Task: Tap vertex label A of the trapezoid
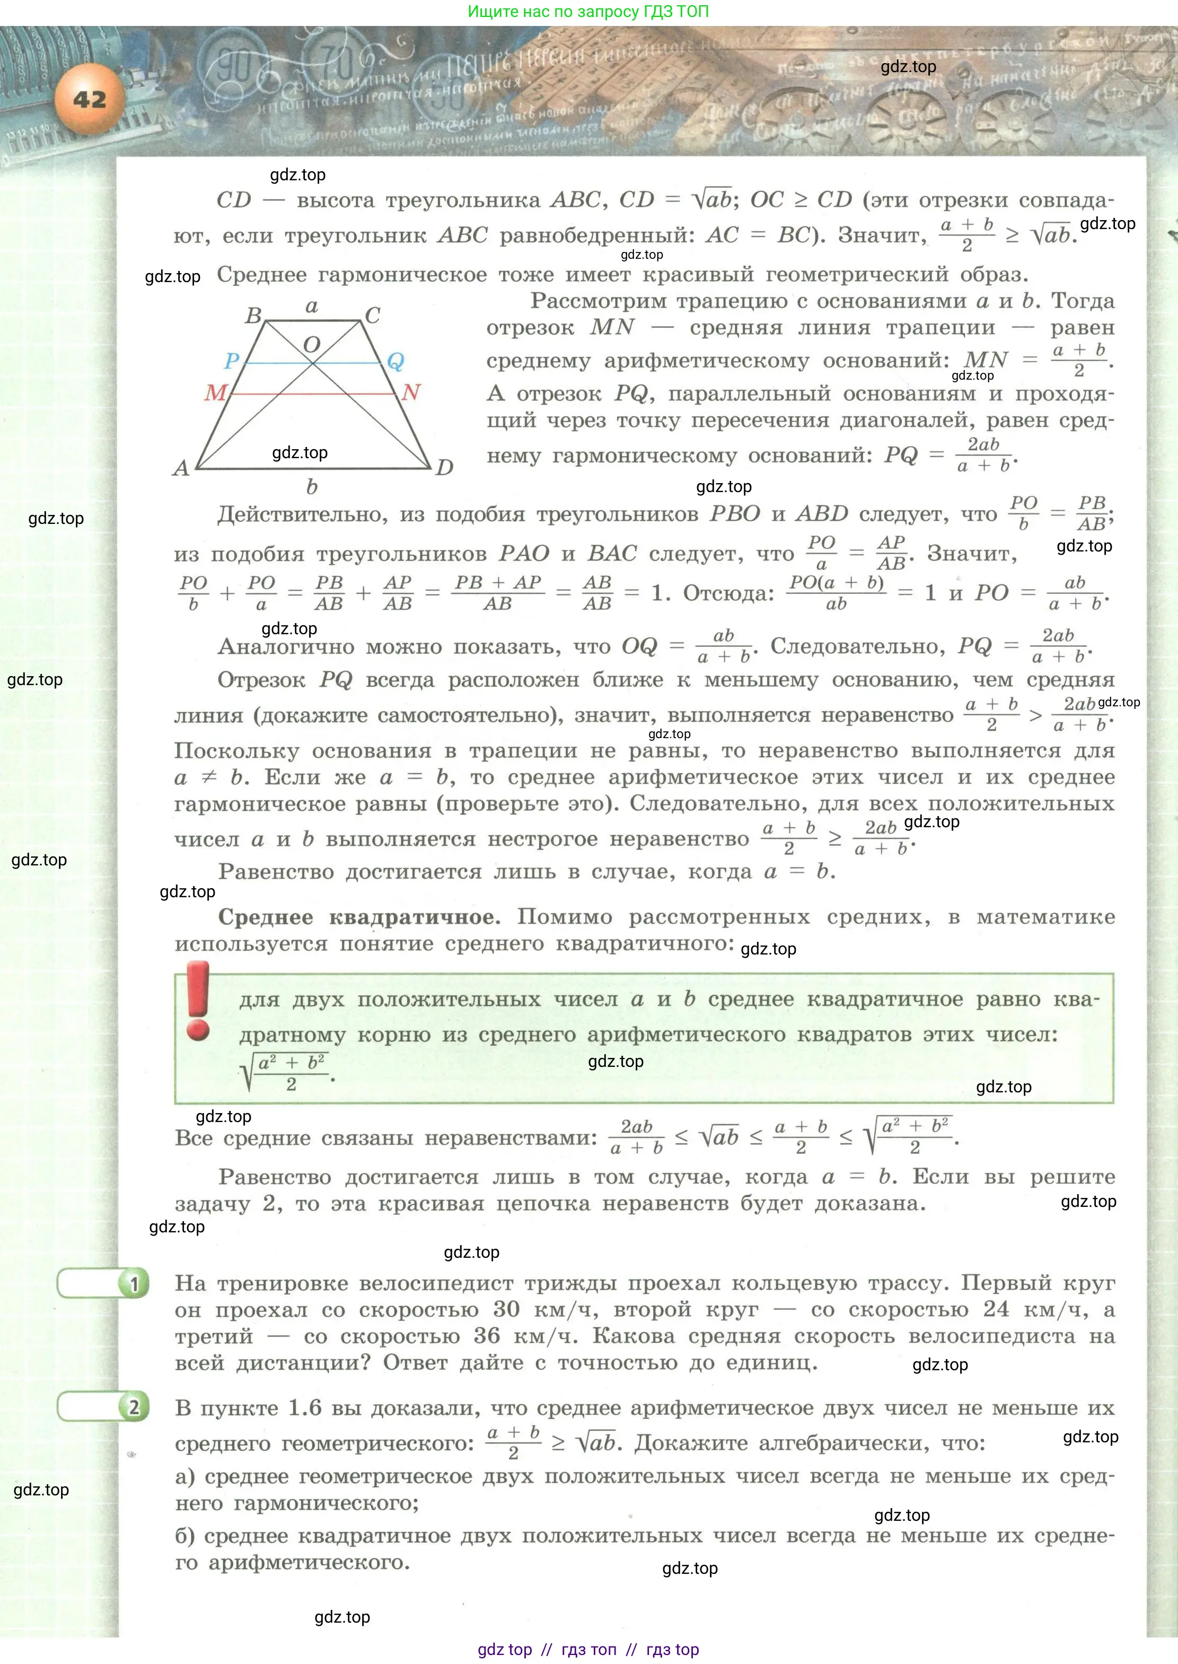point(181,468)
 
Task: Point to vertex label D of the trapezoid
point(445,468)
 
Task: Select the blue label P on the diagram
point(231,361)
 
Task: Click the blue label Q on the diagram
point(395,361)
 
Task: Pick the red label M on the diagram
point(215,392)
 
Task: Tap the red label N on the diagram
point(410,392)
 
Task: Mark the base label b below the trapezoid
point(312,487)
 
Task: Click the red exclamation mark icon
point(198,1002)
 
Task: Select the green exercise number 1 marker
point(134,1285)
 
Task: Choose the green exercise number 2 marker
point(134,1408)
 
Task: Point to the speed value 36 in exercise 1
point(487,1336)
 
